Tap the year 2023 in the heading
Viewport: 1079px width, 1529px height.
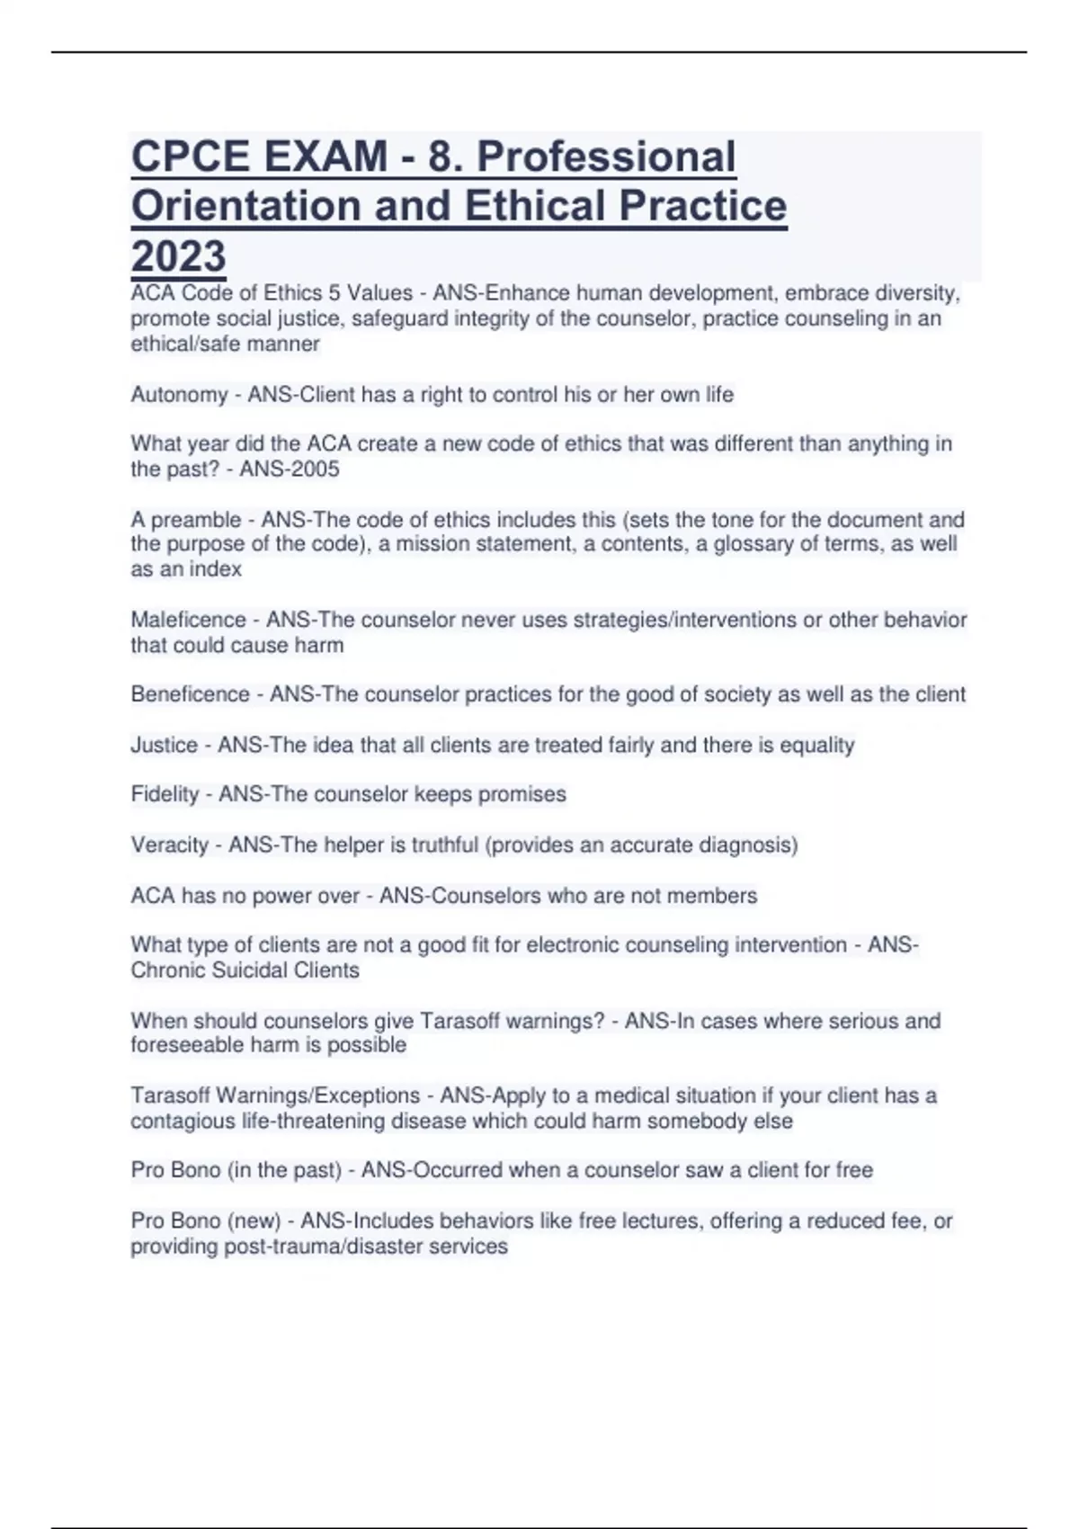click(178, 256)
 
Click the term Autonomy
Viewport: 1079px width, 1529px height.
click(179, 395)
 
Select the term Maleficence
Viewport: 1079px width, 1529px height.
click(188, 620)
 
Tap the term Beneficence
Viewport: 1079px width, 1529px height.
click(190, 694)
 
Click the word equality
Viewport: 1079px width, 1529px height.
click(816, 745)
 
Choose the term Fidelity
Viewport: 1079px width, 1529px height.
click(165, 794)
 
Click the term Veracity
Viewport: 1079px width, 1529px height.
click(169, 845)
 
